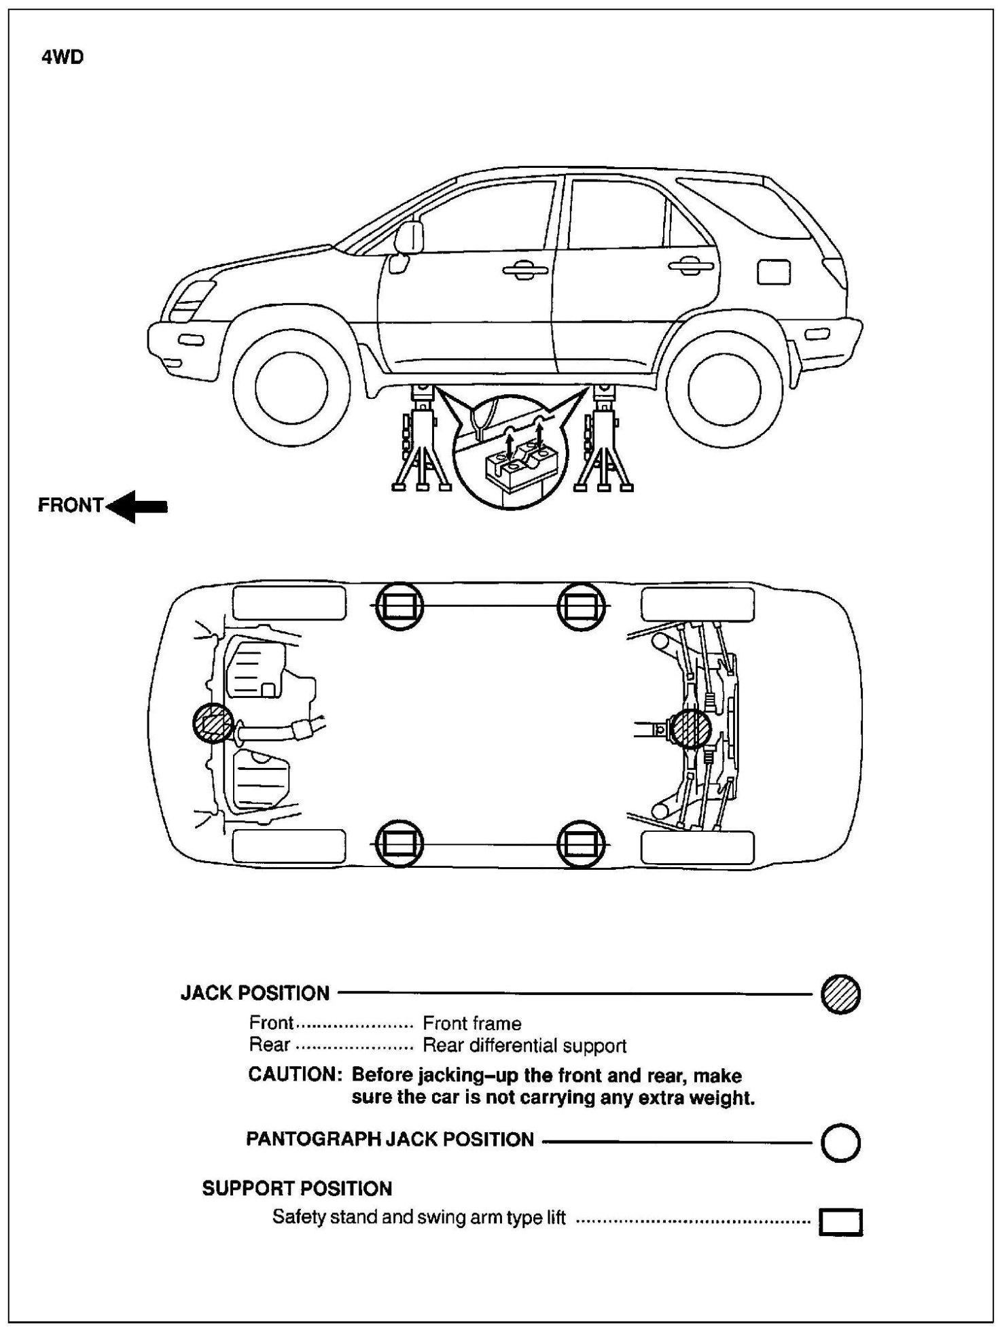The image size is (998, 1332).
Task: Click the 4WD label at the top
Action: [x=63, y=58]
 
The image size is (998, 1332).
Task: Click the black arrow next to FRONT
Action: [x=138, y=506]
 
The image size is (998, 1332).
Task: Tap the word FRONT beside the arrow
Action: [x=70, y=506]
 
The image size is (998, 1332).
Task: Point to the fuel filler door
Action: [x=773, y=272]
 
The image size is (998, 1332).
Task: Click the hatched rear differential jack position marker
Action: [x=690, y=729]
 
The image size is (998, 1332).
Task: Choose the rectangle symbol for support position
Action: [x=840, y=1222]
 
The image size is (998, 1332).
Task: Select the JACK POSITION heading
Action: [x=255, y=994]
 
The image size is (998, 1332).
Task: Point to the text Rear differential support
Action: [x=524, y=1045]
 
